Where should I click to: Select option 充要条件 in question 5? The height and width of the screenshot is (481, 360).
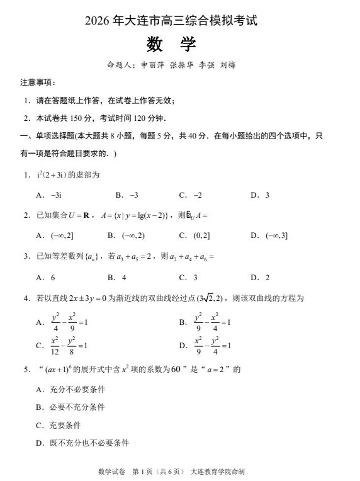tap(65, 426)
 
